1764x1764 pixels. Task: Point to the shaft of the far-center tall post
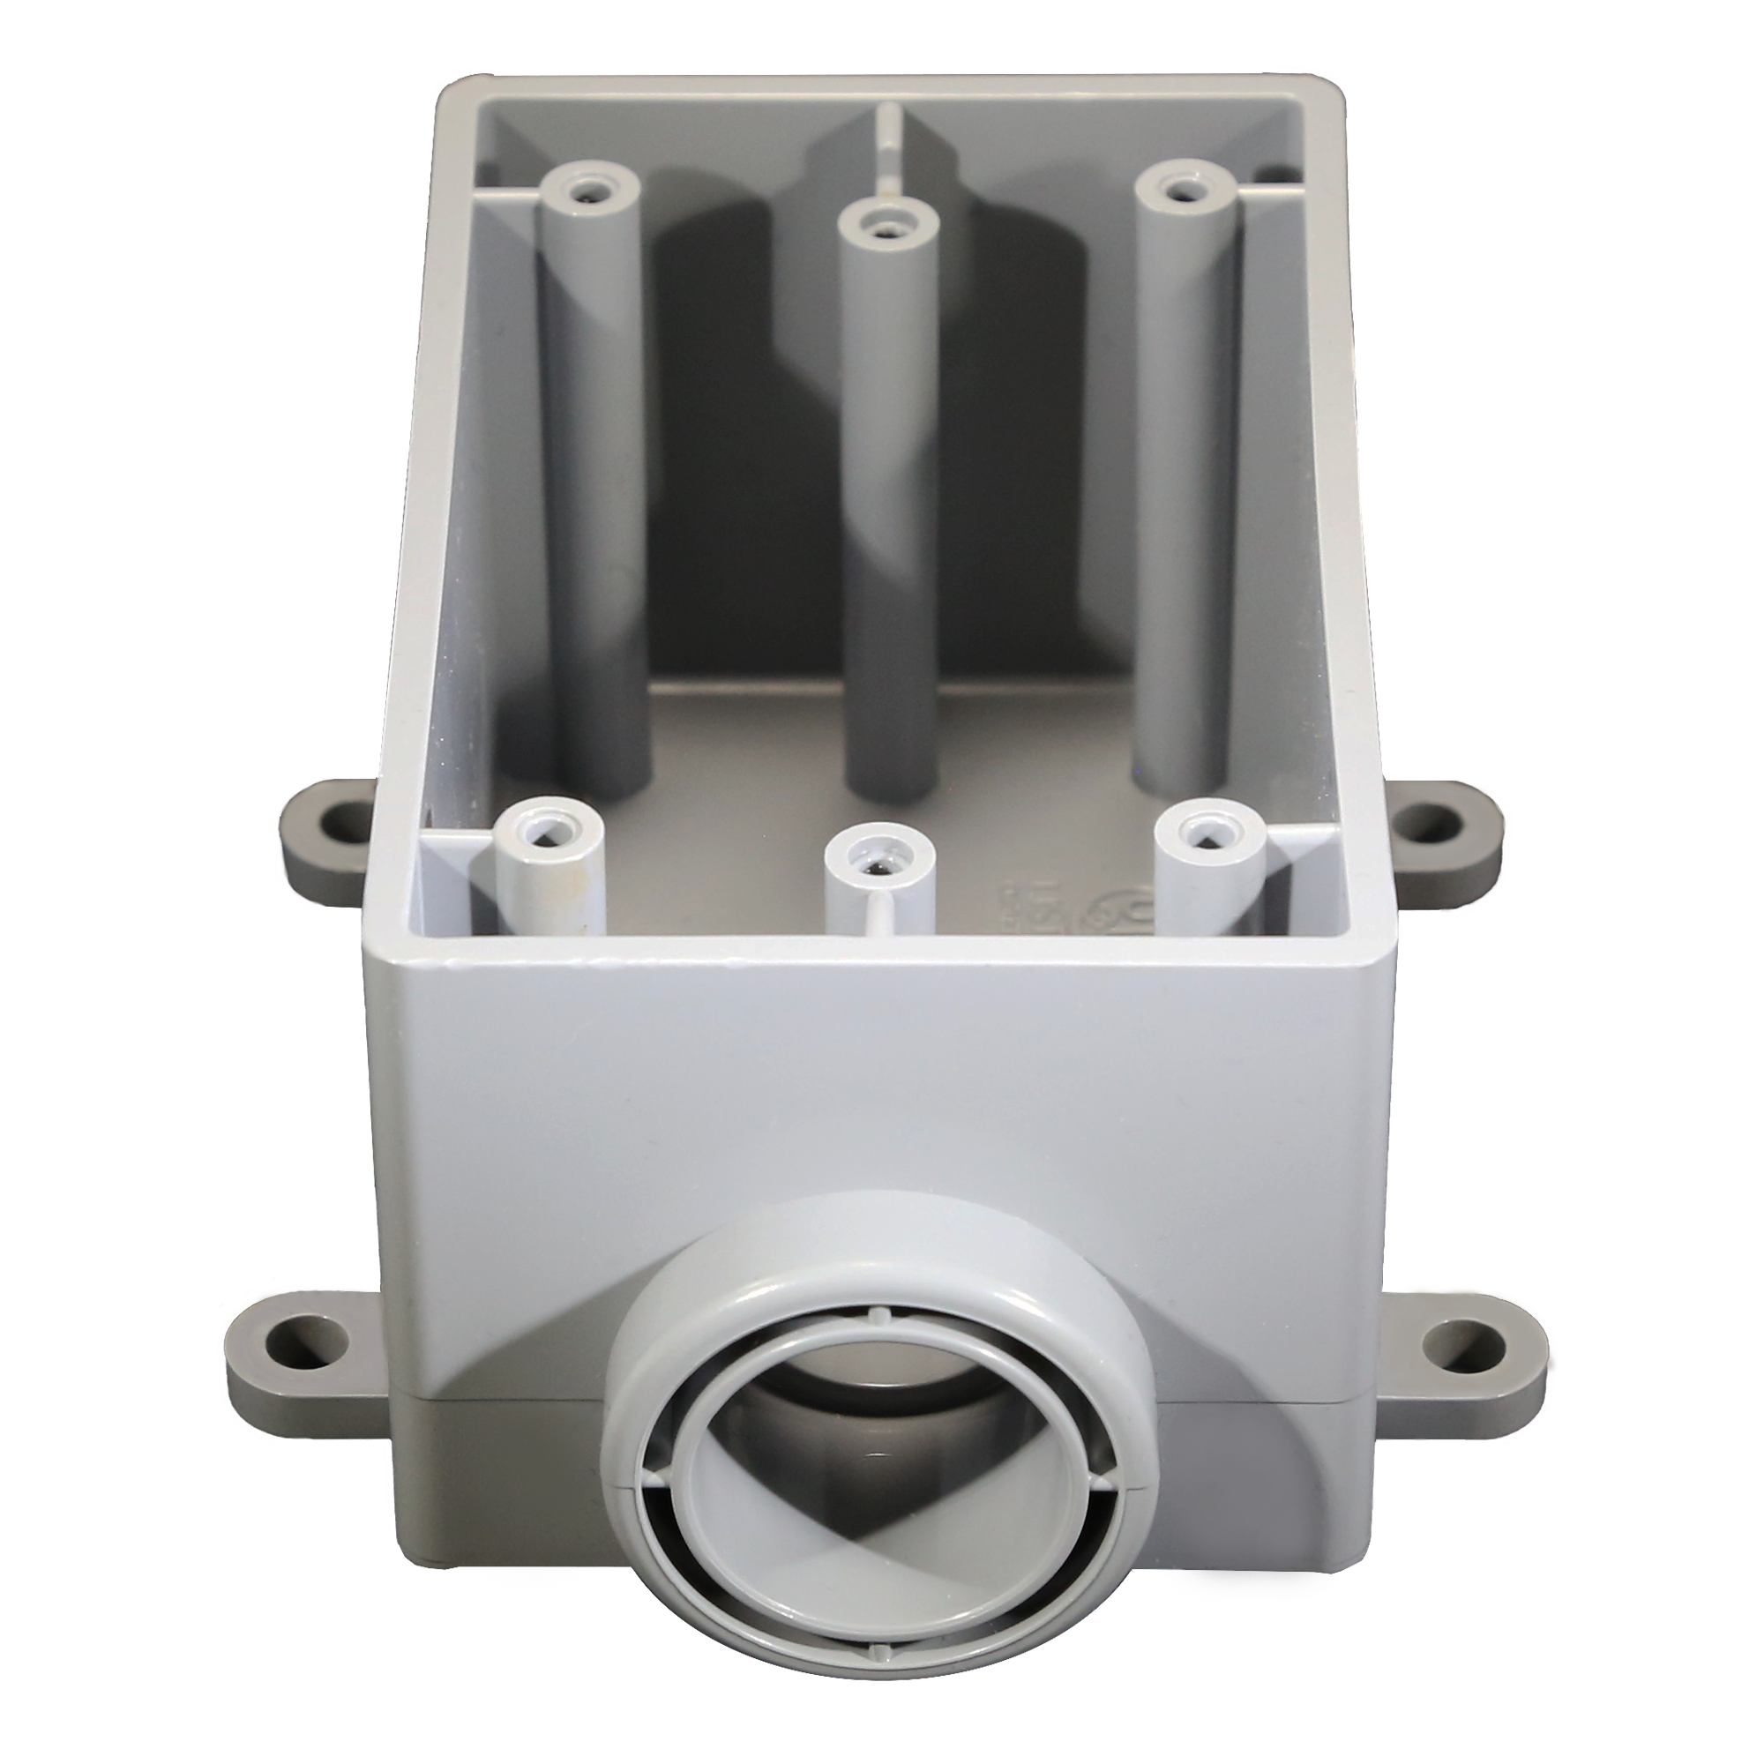coord(884,512)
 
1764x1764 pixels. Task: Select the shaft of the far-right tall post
coord(1185,475)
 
